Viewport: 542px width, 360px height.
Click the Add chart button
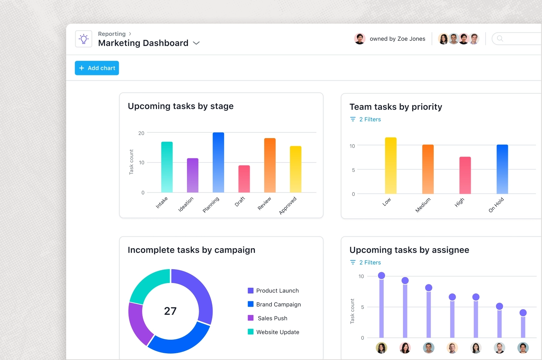97,68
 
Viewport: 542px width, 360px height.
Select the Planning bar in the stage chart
218,162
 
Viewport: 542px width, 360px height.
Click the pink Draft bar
244,179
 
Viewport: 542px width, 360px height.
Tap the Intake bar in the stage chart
167,167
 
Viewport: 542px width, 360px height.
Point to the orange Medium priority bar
428,169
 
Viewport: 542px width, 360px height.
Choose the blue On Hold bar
502,169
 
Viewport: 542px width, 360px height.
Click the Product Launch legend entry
277,290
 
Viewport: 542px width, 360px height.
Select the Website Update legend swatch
250,332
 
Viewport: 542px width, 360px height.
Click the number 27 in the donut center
170,311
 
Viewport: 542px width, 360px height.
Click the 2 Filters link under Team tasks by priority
370,119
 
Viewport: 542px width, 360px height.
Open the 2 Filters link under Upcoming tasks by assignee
370,262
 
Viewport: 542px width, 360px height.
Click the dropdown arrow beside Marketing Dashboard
196,43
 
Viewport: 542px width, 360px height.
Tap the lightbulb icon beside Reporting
84,39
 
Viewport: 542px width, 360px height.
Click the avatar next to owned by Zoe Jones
360,39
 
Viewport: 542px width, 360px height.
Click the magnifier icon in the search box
500,38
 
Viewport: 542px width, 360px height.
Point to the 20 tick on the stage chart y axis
141,133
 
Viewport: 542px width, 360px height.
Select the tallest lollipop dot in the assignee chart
381,276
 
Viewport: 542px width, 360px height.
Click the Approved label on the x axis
288,205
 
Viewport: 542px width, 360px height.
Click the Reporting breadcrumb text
112,34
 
